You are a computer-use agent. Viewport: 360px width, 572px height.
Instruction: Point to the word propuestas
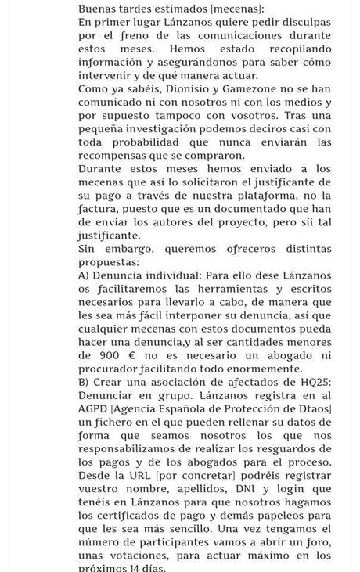coord(108,263)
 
